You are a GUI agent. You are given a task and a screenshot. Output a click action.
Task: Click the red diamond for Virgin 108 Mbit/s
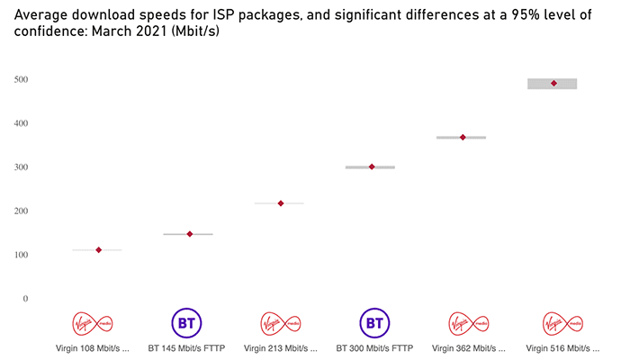pos(98,250)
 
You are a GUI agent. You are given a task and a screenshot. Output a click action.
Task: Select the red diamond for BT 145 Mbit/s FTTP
pos(190,234)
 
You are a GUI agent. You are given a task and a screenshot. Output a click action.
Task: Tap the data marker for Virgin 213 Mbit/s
pos(281,203)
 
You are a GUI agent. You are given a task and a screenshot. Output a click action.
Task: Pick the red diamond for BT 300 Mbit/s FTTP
pos(372,166)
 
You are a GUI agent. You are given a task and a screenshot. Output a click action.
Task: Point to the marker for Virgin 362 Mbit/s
pos(463,138)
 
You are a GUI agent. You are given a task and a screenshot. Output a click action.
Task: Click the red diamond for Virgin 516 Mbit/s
pos(553,84)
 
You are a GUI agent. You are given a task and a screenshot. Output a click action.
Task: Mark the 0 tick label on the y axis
pos(25,299)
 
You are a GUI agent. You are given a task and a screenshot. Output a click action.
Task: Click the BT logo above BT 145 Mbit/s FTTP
pos(188,322)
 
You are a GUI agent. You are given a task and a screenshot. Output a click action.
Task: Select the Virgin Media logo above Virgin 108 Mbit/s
pos(98,322)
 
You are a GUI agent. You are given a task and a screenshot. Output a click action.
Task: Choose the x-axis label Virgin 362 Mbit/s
pos(469,346)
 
